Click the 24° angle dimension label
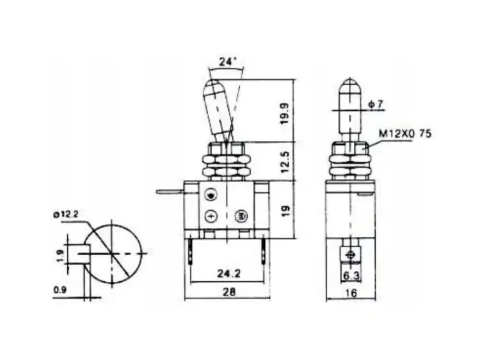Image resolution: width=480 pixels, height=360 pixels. [227, 63]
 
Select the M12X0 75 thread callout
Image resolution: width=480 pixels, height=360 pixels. [405, 134]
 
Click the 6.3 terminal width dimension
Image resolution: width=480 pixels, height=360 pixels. [350, 276]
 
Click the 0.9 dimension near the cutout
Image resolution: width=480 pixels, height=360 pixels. [60, 289]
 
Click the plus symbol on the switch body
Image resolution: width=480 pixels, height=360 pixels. [211, 216]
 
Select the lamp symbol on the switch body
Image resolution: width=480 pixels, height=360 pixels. [241, 216]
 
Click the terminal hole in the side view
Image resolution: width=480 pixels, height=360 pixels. [349, 256]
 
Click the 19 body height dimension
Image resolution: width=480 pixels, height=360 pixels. [285, 209]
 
